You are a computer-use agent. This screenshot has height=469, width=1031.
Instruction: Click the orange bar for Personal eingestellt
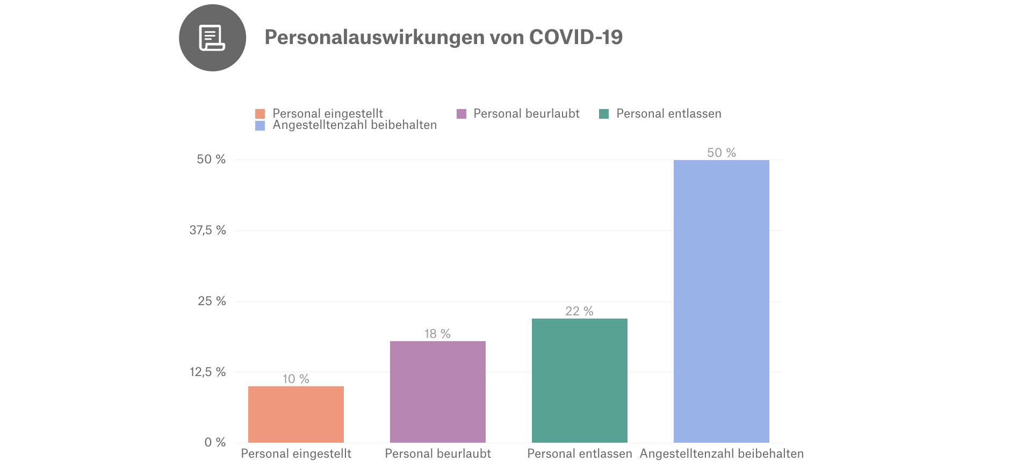click(295, 414)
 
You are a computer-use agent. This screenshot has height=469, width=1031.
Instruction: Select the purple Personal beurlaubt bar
click(437, 392)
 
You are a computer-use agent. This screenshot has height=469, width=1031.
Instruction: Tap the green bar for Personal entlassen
click(579, 380)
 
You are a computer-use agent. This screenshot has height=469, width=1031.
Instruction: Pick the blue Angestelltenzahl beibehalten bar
click(721, 301)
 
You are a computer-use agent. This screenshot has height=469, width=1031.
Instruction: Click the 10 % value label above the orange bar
click(295, 379)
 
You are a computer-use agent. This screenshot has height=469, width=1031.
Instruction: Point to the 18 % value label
click(437, 334)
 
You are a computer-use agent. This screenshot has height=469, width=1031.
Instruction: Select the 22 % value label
click(579, 311)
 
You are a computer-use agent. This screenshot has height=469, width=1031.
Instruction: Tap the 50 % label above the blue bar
click(721, 153)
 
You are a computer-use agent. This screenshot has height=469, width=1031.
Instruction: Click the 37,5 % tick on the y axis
click(207, 230)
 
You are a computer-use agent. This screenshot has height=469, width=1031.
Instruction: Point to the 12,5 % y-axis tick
click(207, 372)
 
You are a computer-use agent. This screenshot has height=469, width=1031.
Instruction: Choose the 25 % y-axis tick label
click(212, 301)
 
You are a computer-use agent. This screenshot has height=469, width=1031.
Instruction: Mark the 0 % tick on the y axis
click(215, 442)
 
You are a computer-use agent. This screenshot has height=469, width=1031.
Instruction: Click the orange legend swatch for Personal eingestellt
click(260, 114)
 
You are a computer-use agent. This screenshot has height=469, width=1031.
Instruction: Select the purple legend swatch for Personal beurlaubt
click(461, 114)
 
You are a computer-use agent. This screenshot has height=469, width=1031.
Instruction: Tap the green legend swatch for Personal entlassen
click(604, 114)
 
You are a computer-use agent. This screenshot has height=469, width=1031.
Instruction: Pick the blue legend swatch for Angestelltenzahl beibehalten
click(260, 126)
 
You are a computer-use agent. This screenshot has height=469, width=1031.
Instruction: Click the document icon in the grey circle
click(212, 38)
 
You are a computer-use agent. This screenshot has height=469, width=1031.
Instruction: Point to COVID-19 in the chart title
click(575, 37)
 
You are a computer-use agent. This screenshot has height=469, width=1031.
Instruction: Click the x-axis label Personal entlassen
click(579, 453)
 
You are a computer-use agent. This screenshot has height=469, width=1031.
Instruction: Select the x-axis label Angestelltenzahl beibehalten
click(721, 453)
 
